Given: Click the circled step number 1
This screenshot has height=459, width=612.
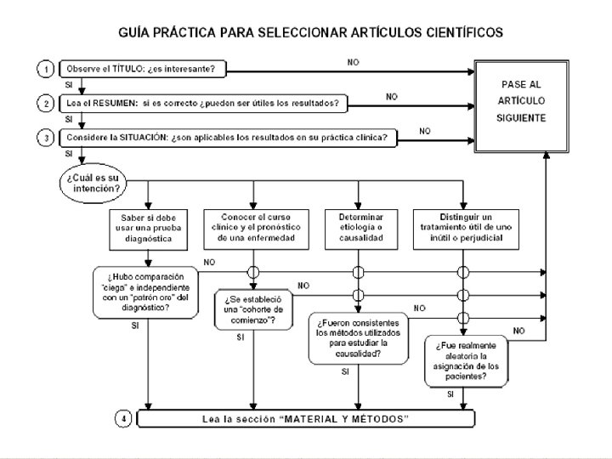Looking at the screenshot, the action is point(46,69).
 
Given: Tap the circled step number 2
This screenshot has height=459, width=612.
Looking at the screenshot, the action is point(46,104).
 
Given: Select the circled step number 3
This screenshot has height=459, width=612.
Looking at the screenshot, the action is point(46,138).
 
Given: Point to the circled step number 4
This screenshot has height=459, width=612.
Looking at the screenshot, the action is point(123,419).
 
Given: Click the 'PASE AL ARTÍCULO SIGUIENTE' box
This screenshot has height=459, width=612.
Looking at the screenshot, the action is point(521,106).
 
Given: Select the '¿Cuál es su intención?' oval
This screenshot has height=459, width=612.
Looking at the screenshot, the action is point(93,183).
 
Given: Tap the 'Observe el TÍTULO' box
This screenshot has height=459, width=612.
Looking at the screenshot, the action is point(143,69).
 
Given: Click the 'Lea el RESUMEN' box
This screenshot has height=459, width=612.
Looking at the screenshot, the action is point(203,104).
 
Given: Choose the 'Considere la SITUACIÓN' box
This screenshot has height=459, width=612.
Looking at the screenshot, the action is point(228,138).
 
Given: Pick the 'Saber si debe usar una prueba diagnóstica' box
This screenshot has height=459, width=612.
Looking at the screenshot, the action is point(148,229).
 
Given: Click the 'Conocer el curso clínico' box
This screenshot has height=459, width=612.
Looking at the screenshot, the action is point(256,229).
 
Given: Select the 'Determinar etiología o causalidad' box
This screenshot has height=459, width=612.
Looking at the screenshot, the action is point(361,229).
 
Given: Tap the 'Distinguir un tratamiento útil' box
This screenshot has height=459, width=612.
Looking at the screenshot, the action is point(466,229).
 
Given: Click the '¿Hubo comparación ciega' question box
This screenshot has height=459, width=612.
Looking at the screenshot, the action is point(145,292).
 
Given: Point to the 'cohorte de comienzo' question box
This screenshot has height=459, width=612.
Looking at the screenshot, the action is point(253,309).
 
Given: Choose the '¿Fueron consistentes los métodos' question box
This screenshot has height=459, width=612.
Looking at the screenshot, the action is point(359,338).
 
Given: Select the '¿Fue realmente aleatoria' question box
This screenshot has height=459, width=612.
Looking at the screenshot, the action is point(466,361).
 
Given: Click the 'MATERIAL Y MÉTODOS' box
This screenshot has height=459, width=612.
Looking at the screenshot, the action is point(306,419).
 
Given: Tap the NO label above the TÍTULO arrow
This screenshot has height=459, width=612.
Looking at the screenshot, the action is point(354,62).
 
